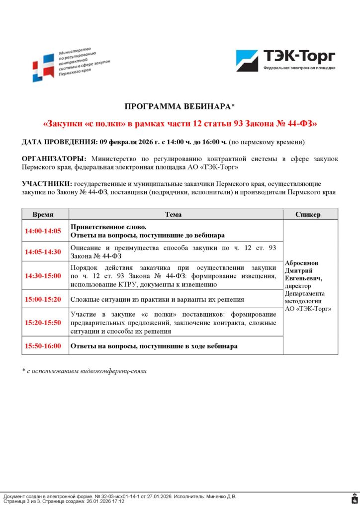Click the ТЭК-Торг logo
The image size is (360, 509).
pyautogui.click(x=285, y=60)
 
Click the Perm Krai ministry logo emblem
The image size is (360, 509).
pyautogui.click(x=44, y=66)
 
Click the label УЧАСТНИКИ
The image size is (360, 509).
pyautogui.click(x=47, y=184)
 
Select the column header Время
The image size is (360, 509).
pyautogui.click(x=45, y=214)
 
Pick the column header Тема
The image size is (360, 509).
pyautogui.click(x=176, y=214)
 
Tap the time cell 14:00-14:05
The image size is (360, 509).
pyautogui.click(x=45, y=231)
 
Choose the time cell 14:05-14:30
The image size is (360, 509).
pyautogui.click(x=45, y=252)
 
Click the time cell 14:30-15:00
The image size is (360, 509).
pyautogui.click(x=45, y=276)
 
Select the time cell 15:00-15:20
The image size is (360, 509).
pyautogui.click(x=45, y=299)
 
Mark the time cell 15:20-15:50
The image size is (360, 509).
pyautogui.click(x=45, y=322)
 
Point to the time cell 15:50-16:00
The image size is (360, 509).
pyautogui.click(x=45, y=345)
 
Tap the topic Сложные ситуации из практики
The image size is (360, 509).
pyautogui.click(x=157, y=299)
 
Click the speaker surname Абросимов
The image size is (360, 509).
pyautogui.click(x=301, y=263)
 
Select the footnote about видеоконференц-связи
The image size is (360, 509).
pyautogui.click(x=84, y=371)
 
